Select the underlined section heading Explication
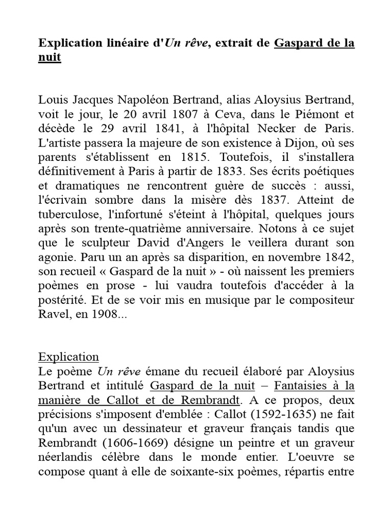tap(68, 356)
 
